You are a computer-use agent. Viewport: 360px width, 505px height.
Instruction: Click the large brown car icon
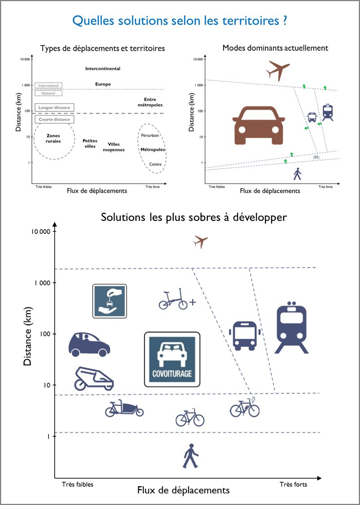[x=259, y=125]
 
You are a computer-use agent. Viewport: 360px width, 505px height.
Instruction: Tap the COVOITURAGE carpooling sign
[x=172, y=359]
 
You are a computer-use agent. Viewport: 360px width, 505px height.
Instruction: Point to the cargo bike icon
[x=124, y=409]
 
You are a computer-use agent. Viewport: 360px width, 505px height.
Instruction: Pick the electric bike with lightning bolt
[x=245, y=407]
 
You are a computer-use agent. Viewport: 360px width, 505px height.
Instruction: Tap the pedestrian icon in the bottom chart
[x=191, y=456]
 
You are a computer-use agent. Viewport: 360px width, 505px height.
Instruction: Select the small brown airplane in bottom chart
[x=200, y=241]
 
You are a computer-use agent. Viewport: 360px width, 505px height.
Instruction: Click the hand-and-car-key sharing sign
[x=110, y=301]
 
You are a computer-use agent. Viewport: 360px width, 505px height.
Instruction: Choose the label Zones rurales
[x=53, y=139]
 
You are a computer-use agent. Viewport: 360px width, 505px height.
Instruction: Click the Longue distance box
[x=54, y=108]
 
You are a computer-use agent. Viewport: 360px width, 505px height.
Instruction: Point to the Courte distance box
[x=54, y=119]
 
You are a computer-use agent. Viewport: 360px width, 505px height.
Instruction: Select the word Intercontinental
[x=103, y=69]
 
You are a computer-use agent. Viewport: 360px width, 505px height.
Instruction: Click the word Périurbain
[x=150, y=136]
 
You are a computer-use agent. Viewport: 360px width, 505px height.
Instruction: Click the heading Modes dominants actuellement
[x=275, y=48]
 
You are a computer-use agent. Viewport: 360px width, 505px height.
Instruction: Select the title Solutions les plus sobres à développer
[x=193, y=217]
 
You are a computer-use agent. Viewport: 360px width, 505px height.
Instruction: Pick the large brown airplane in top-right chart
[x=278, y=71]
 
